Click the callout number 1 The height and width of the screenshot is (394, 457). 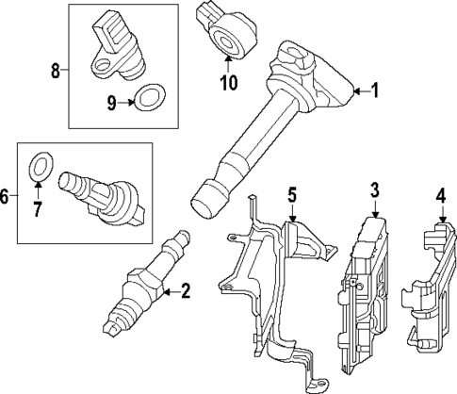click(x=374, y=91)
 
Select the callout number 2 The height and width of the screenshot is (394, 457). click(x=185, y=292)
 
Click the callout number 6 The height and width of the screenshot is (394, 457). click(x=6, y=196)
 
